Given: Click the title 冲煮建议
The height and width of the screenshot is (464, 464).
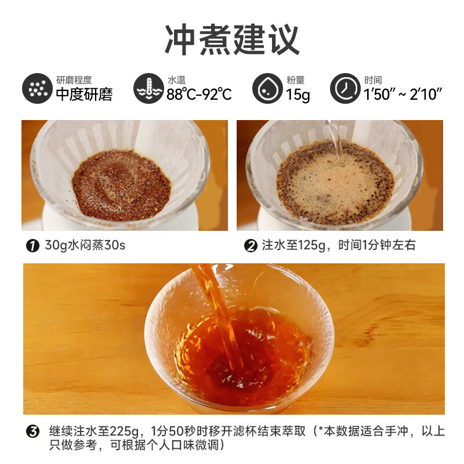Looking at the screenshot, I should (232, 39).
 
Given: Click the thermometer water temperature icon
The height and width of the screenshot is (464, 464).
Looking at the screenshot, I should (148, 89).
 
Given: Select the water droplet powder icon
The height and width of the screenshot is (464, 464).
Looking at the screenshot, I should (267, 89).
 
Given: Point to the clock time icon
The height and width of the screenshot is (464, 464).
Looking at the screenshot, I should (346, 89).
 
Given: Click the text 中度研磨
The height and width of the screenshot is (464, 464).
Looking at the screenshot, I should (84, 95).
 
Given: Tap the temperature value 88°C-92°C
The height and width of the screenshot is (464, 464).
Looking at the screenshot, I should (199, 95).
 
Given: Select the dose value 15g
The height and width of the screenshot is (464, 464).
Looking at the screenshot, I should (298, 95).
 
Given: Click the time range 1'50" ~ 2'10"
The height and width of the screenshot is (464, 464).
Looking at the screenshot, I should (404, 95).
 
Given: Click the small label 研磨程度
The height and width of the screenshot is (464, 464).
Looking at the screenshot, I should (74, 80).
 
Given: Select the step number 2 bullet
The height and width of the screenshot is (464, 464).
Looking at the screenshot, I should (251, 246).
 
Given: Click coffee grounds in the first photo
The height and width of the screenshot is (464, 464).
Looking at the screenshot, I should (122, 184).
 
